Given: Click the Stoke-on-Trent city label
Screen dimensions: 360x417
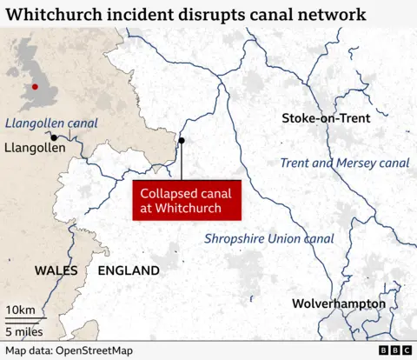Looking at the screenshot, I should pyautogui.click(x=326, y=118).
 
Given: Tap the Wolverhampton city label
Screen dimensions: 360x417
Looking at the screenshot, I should pyautogui.click(x=339, y=303).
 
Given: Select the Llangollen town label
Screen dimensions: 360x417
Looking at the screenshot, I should pyautogui.click(x=35, y=149).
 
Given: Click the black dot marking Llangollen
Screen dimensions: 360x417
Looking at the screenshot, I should pyautogui.click(x=54, y=137).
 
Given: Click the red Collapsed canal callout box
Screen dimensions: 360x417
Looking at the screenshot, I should pyautogui.click(x=185, y=200).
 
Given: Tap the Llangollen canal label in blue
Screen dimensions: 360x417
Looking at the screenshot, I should pyautogui.click(x=51, y=123).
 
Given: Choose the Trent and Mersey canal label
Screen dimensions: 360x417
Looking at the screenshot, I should pyautogui.click(x=344, y=163).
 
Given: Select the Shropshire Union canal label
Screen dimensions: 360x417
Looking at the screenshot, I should pyautogui.click(x=268, y=238).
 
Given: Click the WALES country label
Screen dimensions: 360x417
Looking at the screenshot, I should pyautogui.click(x=56, y=270).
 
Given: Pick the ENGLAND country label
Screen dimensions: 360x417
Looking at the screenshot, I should pyautogui.click(x=129, y=270).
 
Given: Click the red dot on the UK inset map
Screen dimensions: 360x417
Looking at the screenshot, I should pyautogui.click(x=35, y=86).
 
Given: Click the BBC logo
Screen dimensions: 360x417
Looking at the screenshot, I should pyautogui.click(x=394, y=350).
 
